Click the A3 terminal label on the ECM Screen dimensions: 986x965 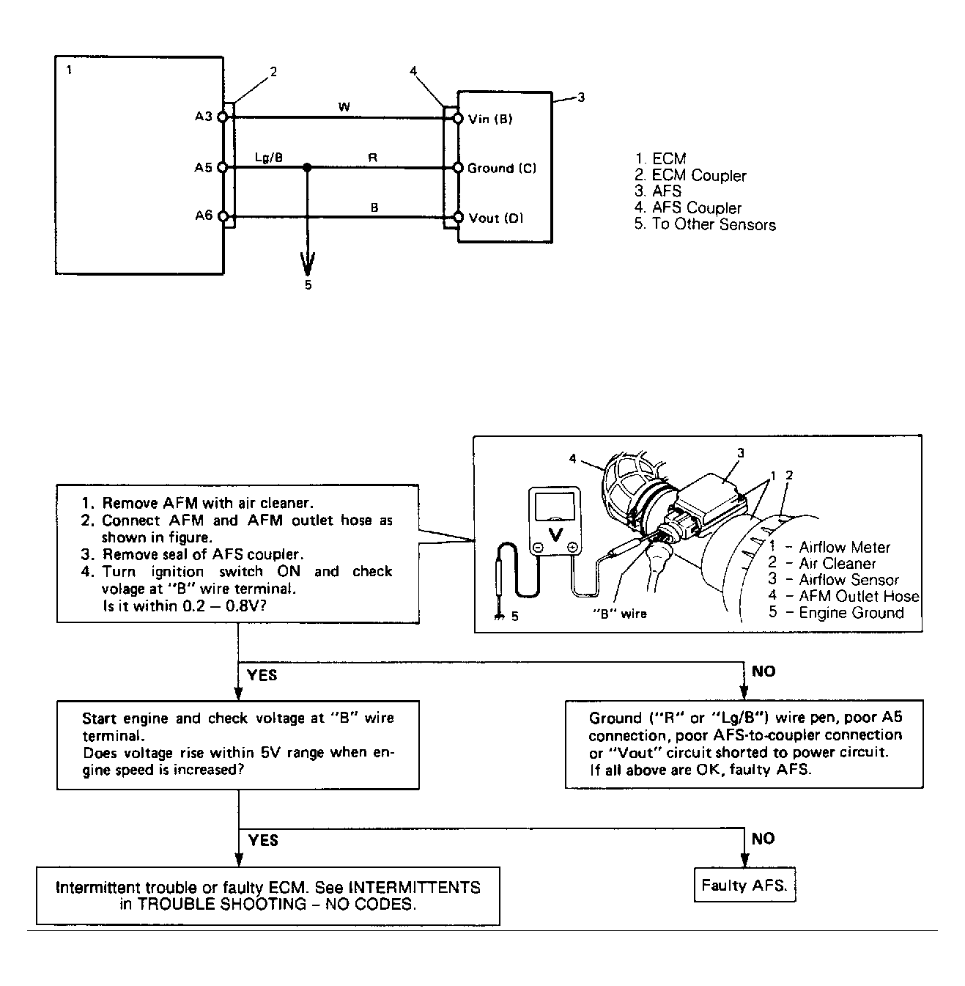203,117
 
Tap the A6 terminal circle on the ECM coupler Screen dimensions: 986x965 222,217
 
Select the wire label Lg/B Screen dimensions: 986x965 269,157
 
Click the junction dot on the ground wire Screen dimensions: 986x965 308,168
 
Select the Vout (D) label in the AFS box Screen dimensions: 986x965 495,218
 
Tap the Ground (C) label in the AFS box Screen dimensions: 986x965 501,168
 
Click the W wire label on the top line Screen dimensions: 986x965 344,107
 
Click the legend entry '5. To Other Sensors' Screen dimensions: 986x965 705,225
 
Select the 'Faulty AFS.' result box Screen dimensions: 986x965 744,886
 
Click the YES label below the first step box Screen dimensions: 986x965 262,674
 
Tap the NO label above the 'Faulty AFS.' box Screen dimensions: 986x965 763,839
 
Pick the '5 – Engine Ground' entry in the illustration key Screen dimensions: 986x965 836,613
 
